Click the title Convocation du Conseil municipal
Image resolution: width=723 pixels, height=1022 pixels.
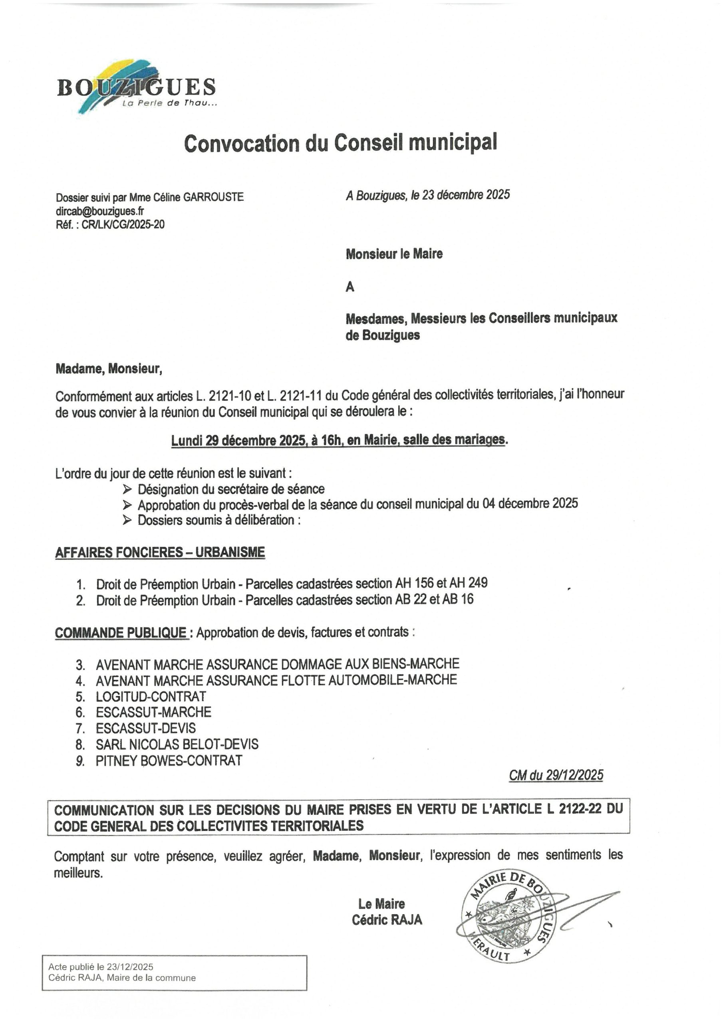(x=341, y=143)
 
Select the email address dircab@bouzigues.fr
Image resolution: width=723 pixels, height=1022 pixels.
(x=100, y=210)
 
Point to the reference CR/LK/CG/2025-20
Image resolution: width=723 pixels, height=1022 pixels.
(x=123, y=224)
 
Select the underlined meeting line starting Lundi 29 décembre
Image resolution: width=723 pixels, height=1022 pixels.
(x=340, y=440)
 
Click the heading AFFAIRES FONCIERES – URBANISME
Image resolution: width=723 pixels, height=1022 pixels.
(x=160, y=553)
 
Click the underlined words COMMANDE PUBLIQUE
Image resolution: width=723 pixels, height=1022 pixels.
(x=121, y=632)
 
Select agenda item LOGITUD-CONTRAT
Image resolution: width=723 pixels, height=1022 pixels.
(x=151, y=696)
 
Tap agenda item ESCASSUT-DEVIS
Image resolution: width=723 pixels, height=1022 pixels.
(x=146, y=728)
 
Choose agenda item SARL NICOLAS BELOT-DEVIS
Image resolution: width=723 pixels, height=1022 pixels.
(x=177, y=744)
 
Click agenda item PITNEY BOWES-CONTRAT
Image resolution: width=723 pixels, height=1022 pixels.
(x=169, y=760)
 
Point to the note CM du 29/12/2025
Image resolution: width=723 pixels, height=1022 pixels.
(x=556, y=775)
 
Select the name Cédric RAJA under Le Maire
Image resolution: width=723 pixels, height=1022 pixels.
(x=387, y=920)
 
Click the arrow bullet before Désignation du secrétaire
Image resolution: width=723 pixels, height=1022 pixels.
(x=127, y=489)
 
